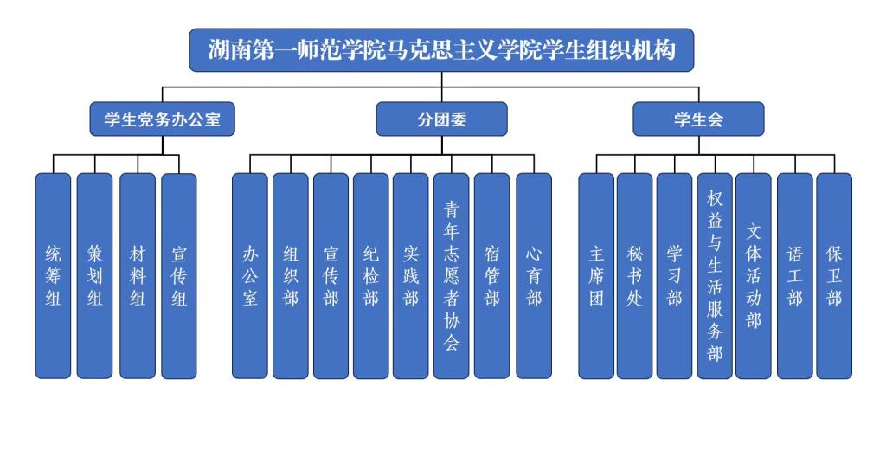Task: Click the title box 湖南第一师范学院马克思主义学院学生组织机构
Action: pos(442,51)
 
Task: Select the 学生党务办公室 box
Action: pos(163,120)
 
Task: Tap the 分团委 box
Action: pos(441,120)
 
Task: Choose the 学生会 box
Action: pos(698,120)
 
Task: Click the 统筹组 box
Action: pos(53,276)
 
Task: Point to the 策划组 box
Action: pos(94,276)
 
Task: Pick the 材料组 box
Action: pos(137,276)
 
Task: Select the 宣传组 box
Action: pos(179,276)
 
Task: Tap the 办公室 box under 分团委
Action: pos(250,276)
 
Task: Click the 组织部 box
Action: pos(291,276)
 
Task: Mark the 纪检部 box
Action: pos(370,276)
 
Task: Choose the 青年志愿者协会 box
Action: pos(452,276)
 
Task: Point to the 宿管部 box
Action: pos(491,276)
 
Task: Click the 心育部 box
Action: pos(534,276)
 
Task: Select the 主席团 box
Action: pos(596,276)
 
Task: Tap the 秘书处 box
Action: pos(635,276)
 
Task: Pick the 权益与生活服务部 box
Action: pos(715,276)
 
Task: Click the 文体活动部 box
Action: pos(754,276)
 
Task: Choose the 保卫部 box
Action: pos(834,276)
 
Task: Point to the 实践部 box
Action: pos(411,276)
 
